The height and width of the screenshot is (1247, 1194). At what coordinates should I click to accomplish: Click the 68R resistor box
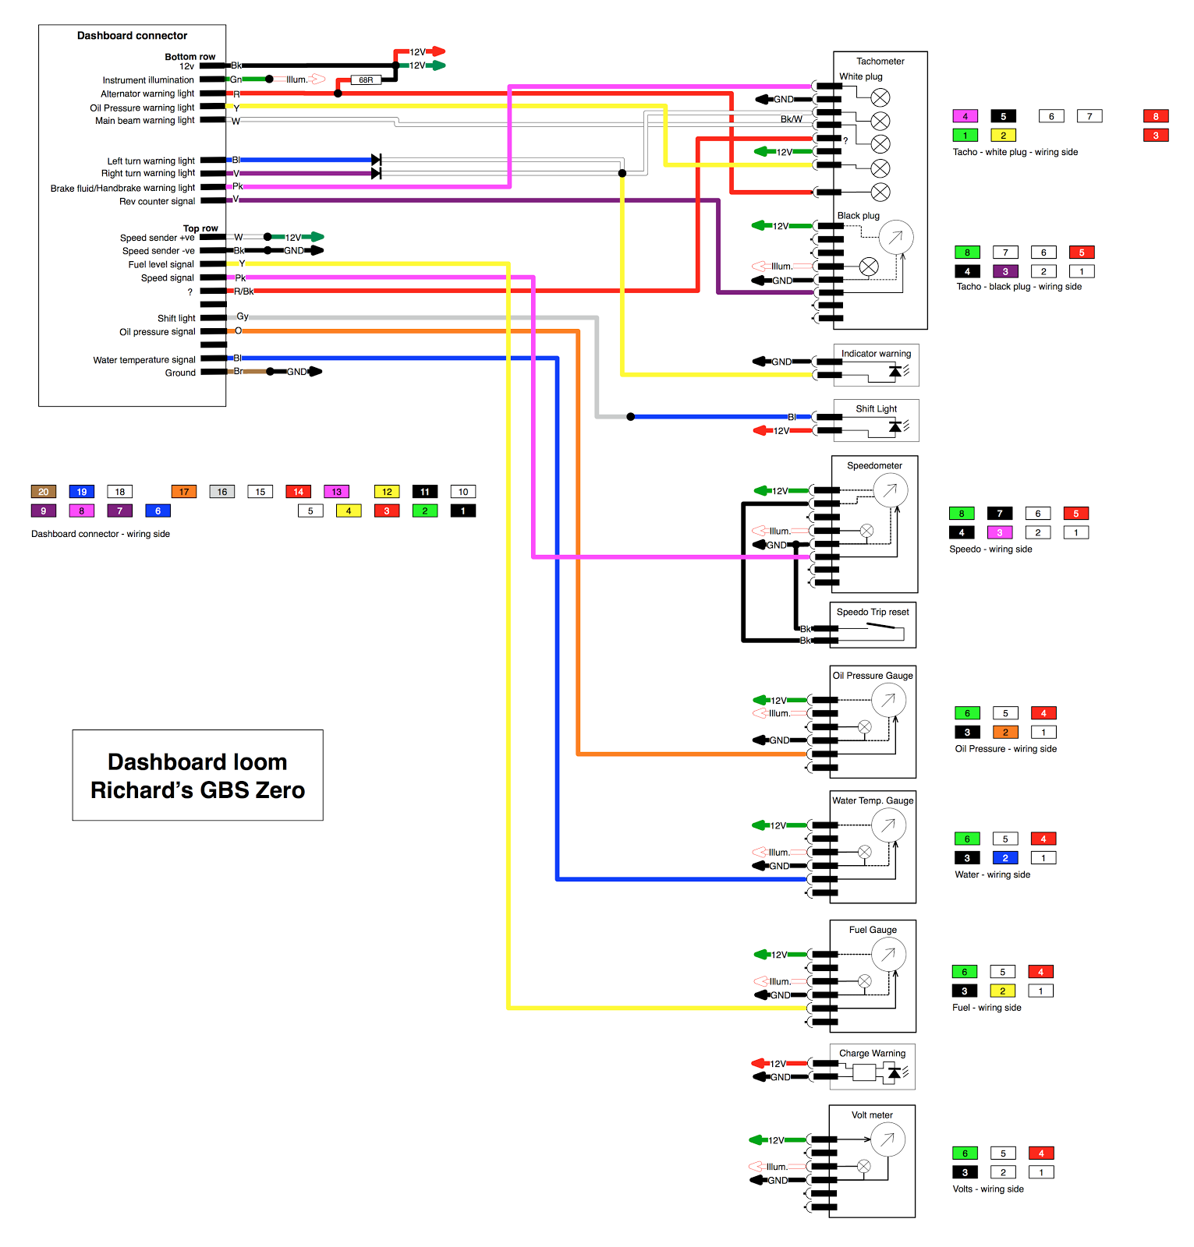pyautogui.click(x=366, y=79)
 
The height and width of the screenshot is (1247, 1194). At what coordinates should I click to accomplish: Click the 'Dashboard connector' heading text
pyautogui.click(x=132, y=36)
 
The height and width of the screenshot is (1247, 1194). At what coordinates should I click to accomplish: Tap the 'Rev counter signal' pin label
pyautogui.click(x=157, y=201)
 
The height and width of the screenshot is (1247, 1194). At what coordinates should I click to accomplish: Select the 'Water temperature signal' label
pyautogui.click(x=144, y=360)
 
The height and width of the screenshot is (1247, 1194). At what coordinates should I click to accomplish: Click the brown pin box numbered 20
pyautogui.click(x=44, y=492)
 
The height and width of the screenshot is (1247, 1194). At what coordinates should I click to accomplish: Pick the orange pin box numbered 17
pyautogui.click(x=184, y=492)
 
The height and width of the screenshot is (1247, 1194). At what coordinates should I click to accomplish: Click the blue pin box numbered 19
pyautogui.click(x=82, y=492)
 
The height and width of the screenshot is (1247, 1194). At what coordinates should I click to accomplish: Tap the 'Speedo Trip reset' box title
pyautogui.click(x=873, y=612)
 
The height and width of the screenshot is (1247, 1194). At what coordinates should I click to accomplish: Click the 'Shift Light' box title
pyautogui.click(x=876, y=408)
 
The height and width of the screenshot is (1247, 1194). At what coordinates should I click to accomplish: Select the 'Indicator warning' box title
pyautogui.click(x=876, y=354)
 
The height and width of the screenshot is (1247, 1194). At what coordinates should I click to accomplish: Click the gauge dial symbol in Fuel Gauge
pyautogui.click(x=888, y=954)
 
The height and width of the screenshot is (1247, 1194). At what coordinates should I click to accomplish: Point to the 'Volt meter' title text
pyautogui.click(x=872, y=1115)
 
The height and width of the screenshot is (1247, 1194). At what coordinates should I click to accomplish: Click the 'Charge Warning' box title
pyautogui.click(x=872, y=1053)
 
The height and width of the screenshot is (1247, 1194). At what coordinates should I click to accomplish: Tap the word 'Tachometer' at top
pyautogui.click(x=880, y=62)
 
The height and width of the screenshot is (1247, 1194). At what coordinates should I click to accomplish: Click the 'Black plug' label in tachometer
pyautogui.click(x=858, y=216)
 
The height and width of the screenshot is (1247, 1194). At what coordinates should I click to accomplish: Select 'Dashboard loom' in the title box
pyautogui.click(x=197, y=761)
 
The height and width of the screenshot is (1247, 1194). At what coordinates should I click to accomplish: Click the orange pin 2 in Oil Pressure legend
pyautogui.click(x=1005, y=733)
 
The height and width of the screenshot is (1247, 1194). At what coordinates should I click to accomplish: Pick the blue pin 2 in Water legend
pyautogui.click(x=1005, y=858)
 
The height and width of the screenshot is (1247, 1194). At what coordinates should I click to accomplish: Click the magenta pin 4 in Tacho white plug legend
pyautogui.click(x=965, y=116)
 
